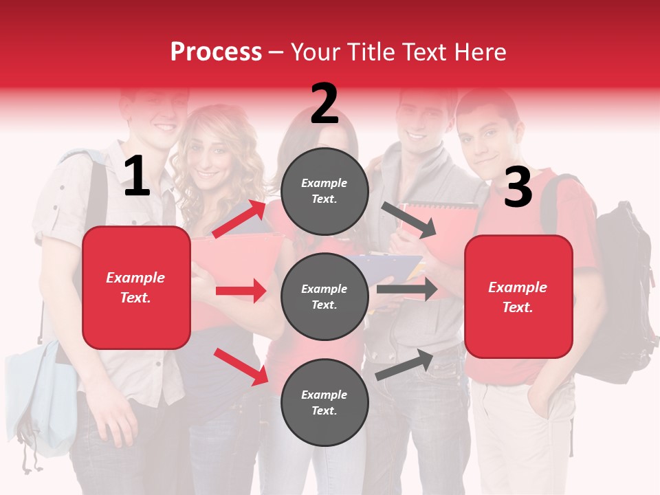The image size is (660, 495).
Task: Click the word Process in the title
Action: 216,52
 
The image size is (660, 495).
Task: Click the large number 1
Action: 137,177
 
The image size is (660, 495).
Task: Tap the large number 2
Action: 324,104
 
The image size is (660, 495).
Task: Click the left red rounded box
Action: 136,287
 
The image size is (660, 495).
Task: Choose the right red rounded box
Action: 518,297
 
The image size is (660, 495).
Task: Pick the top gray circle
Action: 324,191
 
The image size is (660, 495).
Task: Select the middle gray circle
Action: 324,297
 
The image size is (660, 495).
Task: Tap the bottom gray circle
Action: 324,403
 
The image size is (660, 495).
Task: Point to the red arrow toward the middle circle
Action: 241,291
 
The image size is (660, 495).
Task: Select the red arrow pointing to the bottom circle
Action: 241,366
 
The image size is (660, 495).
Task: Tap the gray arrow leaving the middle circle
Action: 406,289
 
